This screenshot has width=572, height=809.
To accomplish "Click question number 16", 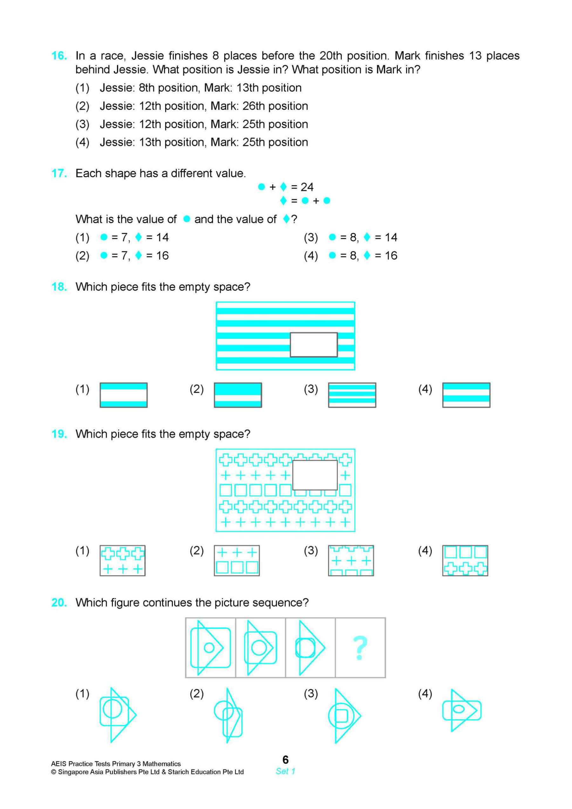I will pos(59,56).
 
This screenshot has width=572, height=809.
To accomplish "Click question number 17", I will pos(59,173).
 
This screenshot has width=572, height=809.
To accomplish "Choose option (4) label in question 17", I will pos(310,255).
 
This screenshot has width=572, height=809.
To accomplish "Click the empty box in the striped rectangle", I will pos(313,344).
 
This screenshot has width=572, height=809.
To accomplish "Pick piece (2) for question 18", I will pos(238,395).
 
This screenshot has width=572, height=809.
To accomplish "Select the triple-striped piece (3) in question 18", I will pos(352,395).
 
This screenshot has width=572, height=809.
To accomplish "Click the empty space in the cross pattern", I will pos(315,475).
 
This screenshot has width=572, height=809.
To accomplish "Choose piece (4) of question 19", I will pos(465,561).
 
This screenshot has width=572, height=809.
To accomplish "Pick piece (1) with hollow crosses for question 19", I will pos(122,561).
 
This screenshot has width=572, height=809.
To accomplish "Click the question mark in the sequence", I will pos(360,648).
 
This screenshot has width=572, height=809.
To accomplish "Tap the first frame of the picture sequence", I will pos(210,648).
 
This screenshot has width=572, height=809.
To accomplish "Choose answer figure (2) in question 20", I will pos(229,715).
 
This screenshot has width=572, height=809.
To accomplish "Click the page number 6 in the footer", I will pos(285,759).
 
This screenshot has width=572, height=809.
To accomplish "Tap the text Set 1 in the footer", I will pos(285,771).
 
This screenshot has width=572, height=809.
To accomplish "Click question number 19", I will pos(59,434).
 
